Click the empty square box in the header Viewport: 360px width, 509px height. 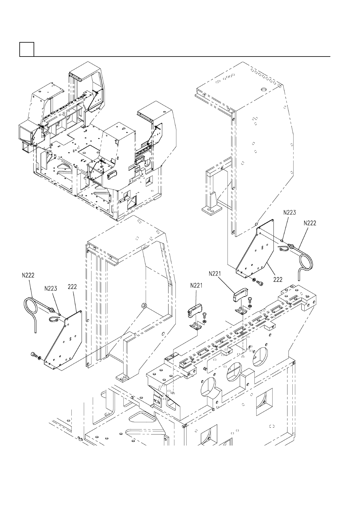click(x=27, y=49)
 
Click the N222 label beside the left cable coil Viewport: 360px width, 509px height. click(x=28, y=275)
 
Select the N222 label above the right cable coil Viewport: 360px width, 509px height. click(x=310, y=223)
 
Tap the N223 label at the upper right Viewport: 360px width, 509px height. click(x=290, y=212)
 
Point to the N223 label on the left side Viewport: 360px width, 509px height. click(x=51, y=289)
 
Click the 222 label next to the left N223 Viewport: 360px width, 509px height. click(x=72, y=287)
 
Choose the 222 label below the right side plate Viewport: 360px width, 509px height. click(x=278, y=280)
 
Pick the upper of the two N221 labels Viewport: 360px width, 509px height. click(x=215, y=274)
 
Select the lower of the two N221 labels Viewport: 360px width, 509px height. click(x=197, y=285)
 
